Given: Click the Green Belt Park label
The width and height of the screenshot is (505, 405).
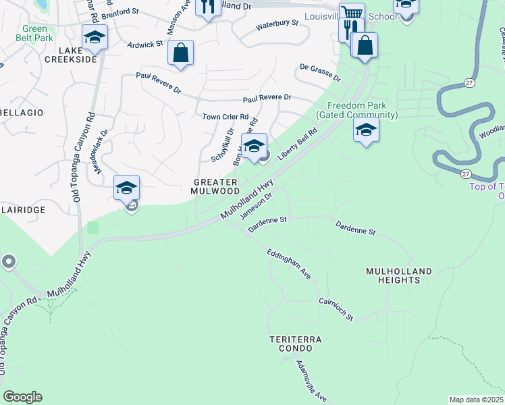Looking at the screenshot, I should coord(35,34).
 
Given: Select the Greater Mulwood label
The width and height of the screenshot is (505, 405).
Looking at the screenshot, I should coord(215,187).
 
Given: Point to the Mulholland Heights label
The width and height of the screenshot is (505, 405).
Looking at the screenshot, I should coord(398,275).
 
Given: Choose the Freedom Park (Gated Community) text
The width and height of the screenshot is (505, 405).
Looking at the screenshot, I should coord(363,111).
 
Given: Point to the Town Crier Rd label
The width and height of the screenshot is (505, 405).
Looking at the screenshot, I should coord(226,117).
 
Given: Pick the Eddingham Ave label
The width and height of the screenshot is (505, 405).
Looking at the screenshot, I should coord(288,263).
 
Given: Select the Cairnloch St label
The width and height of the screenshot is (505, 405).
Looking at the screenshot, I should coord(336,310).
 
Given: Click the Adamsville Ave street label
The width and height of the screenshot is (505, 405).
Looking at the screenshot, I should coord(311,380).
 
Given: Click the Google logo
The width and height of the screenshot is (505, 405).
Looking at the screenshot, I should coord(22,397).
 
